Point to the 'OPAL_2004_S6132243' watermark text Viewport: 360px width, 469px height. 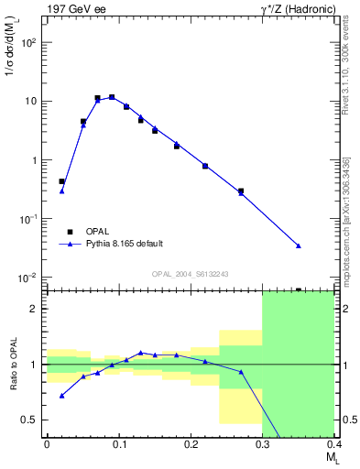[190, 274]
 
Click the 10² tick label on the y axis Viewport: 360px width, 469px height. [27, 42]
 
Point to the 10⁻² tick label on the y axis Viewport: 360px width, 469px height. [27, 278]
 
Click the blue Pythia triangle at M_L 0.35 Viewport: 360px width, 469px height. [299, 245]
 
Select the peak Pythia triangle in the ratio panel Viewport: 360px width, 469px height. [140, 352]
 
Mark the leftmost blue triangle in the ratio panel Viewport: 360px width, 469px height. [61, 396]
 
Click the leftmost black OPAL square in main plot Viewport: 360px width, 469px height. [61, 181]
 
